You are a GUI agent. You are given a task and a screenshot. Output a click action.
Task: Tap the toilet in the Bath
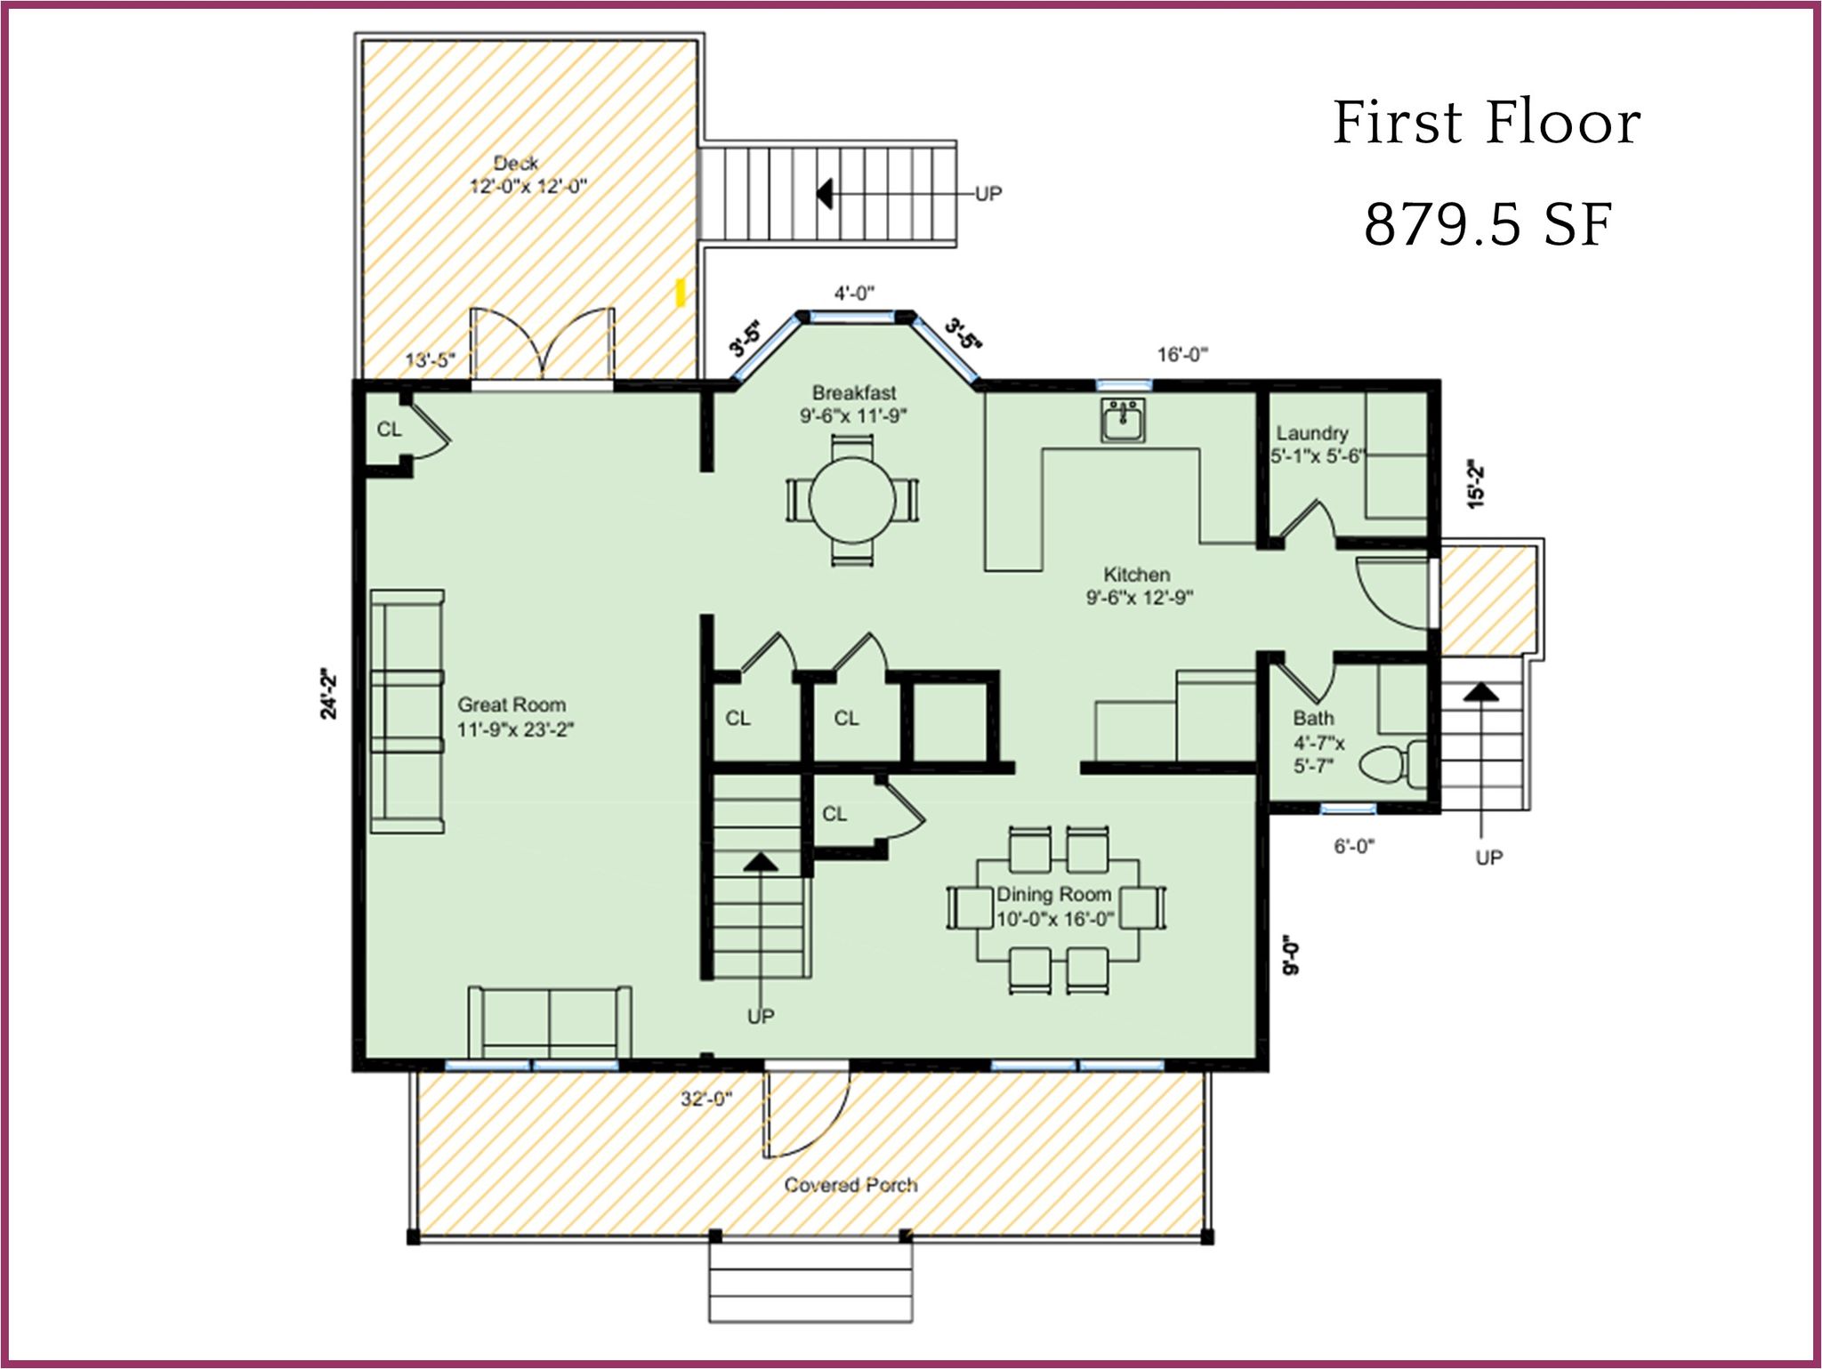tap(1393, 763)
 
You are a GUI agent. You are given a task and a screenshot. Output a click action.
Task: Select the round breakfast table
tap(852, 500)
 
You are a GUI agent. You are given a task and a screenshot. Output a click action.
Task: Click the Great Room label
tap(512, 705)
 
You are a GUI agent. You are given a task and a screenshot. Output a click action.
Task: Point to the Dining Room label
tap(1054, 894)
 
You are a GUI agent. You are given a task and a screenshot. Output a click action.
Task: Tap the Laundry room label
tap(1312, 433)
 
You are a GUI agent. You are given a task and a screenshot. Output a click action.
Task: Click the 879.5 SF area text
tap(1487, 225)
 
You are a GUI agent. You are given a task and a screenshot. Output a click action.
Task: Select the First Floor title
tap(1487, 123)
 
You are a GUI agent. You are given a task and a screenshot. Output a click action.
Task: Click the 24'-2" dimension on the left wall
tap(329, 693)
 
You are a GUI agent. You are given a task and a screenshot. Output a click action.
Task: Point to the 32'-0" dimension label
tap(706, 1099)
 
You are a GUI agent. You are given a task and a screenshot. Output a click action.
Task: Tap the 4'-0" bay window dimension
tap(854, 293)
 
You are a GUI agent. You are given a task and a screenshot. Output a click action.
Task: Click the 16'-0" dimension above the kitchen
tap(1182, 355)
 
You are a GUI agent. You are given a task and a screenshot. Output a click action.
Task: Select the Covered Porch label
tap(851, 1185)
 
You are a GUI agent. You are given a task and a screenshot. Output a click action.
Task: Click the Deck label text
tap(516, 164)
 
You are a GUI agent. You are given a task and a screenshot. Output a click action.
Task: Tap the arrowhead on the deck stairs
tap(825, 192)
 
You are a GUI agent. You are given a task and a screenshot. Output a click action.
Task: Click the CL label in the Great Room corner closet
tap(389, 430)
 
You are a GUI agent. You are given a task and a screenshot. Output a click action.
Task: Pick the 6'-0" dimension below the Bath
tap(1354, 847)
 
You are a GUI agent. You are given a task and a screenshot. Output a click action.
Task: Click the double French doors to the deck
tap(542, 347)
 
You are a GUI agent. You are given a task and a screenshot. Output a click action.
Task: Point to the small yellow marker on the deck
tap(681, 293)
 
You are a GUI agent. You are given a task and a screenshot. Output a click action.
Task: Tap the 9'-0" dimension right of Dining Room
tap(1291, 954)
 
